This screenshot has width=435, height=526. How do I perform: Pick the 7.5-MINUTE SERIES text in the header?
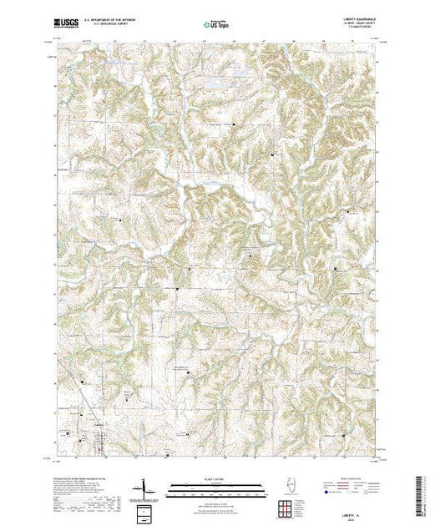click(x=356, y=33)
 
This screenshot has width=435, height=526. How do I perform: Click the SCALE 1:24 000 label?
click(x=212, y=478)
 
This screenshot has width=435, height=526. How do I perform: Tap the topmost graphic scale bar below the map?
click(x=212, y=483)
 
